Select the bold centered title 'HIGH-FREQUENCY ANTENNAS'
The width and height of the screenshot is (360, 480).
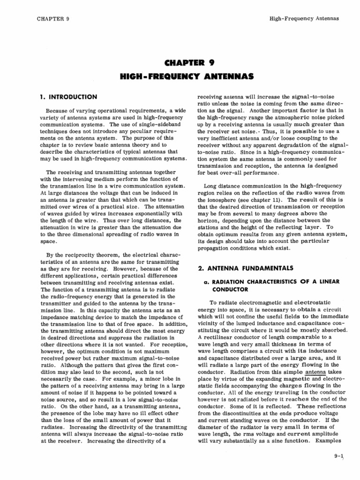click(x=180, y=75)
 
